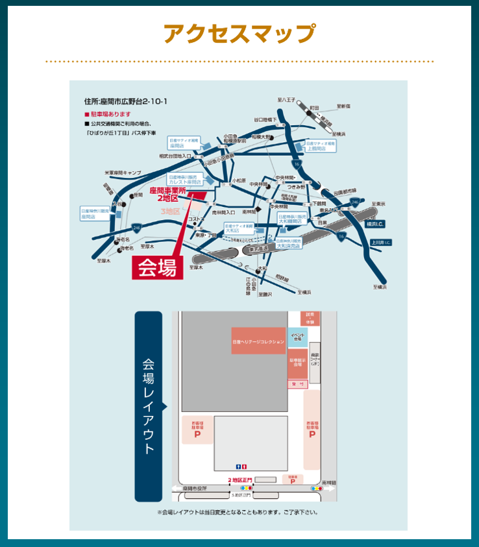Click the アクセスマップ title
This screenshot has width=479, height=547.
pos(239,33)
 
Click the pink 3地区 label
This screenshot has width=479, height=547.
pos(169,211)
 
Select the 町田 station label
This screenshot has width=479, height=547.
pos(314,107)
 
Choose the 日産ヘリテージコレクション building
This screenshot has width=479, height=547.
pos(258,341)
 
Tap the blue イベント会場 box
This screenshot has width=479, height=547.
pos(297,337)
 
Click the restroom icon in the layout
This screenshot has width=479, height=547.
pos(241,466)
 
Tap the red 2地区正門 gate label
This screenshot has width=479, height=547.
pos(239,480)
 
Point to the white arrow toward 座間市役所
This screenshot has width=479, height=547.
pos(176,489)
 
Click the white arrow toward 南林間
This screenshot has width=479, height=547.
pos(334,489)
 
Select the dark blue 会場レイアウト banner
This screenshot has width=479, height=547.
pos(149,407)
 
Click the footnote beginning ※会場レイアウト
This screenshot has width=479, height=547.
pos(238,513)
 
